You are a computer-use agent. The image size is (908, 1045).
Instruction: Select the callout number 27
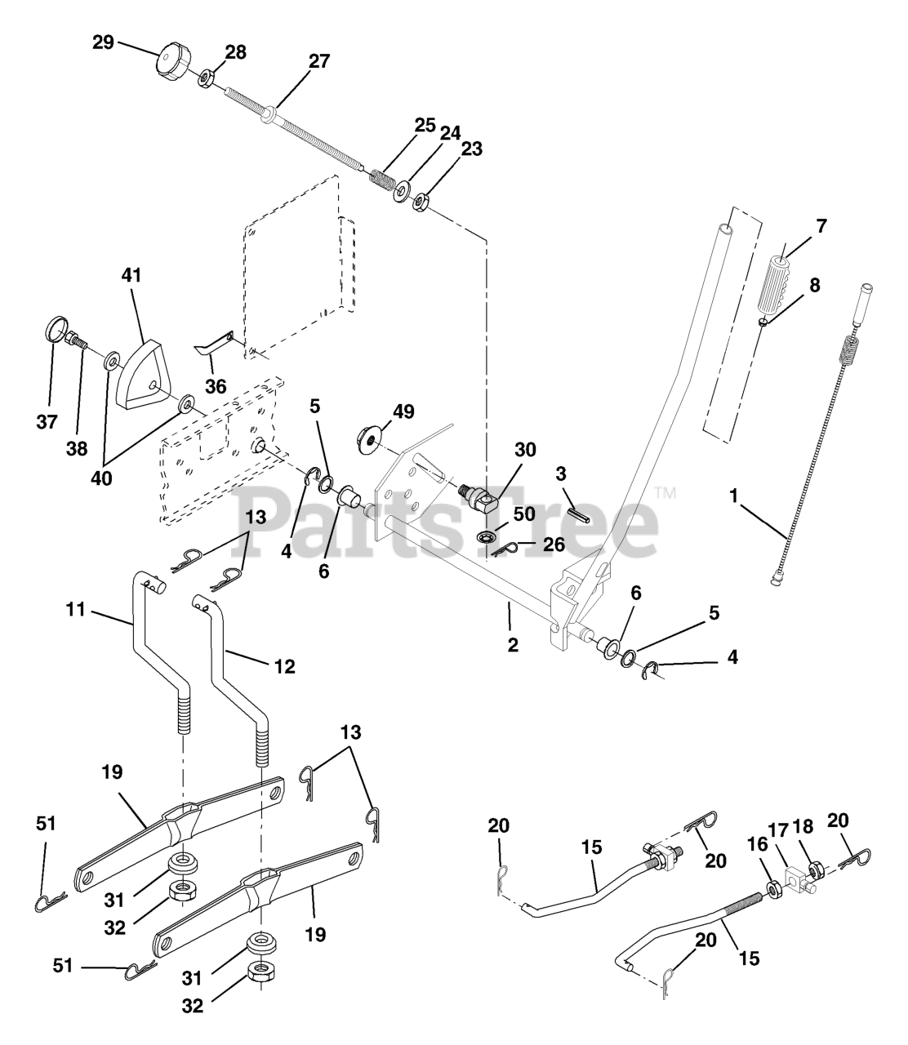point(319,61)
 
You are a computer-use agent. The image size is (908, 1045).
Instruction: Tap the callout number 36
point(216,387)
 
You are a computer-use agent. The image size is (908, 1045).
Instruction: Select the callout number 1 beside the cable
point(734,496)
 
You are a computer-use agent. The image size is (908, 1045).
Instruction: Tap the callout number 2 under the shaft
point(512,645)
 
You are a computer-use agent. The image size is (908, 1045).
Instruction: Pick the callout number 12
point(284,666)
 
